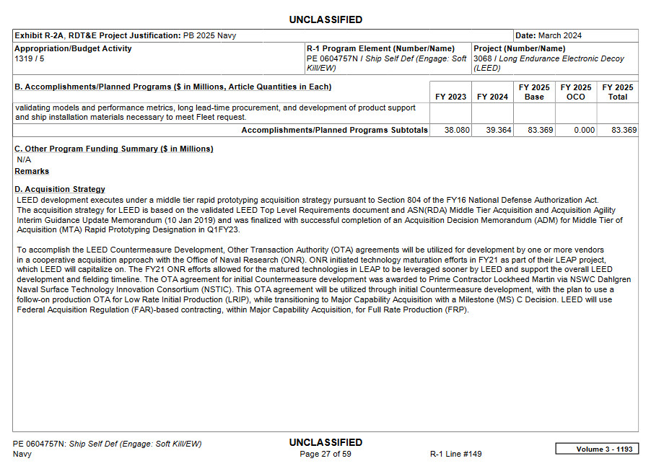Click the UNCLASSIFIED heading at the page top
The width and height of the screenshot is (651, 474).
click(x=325, y=19)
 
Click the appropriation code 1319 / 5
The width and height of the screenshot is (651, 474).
click(x=30, y=58)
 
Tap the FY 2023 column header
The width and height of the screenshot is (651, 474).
click(x=450, y=97)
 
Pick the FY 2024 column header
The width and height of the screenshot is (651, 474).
click(x=492, y=97)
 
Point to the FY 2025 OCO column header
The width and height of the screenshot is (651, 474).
click(x=576, y=92)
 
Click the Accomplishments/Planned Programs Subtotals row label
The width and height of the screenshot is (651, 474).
click(x=334, y=131)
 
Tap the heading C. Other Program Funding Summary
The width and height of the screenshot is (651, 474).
click(x=114, y=149)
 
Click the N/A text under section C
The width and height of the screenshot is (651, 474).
click(x=24, y=159)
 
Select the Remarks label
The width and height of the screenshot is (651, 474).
click(x=32, y=171)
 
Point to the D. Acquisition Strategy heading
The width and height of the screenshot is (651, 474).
click(x=60, y=189)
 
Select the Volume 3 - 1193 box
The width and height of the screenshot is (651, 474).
click(x=596, y=449)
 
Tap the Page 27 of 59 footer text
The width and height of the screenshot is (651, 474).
click(x=325, y=454)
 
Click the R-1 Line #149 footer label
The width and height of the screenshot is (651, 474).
click(x=455, y=454)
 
